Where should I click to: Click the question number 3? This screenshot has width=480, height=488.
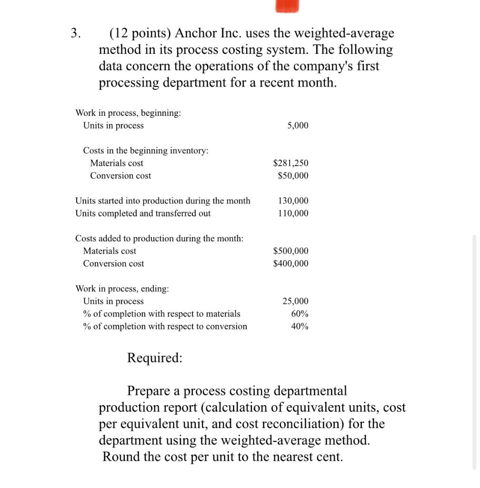coord(75,33)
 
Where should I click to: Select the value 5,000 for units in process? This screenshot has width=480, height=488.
coord(298,125)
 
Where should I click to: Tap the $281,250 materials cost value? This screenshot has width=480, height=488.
coord(290,163)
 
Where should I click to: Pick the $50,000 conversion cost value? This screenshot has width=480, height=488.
coord(293,176)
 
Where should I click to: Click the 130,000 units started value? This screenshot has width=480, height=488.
coord(293,201)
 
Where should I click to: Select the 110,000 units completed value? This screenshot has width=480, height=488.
coord(293,213)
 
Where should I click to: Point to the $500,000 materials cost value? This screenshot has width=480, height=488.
coord(290,251)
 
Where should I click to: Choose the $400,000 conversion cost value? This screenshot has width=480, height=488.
coord(290,264)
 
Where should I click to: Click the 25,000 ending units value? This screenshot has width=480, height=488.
coord(295,301)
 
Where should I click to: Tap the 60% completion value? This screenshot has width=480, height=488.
coord(300,314)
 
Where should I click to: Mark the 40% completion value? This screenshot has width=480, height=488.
coord(300,326)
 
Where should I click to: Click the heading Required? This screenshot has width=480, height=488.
coord(154,358)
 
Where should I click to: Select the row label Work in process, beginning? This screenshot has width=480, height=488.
coord(128,113)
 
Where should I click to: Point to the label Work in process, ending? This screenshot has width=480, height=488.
coord(122,289)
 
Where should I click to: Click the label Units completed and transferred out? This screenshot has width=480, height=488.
coord(143,213)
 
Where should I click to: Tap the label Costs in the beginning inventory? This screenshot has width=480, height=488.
coord(146,151)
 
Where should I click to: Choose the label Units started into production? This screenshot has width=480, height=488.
coord(163,201)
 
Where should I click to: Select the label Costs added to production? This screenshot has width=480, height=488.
coord(160,238)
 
